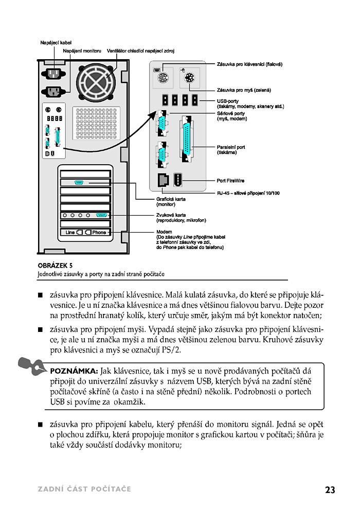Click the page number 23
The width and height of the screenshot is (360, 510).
(x=330, y=489)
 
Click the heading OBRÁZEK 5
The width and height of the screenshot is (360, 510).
(x=55, y=266)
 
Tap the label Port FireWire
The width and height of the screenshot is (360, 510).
(x=230, y=181)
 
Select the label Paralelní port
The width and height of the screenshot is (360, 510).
(x=231, y=147)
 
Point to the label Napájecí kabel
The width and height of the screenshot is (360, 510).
(x=56, y=43)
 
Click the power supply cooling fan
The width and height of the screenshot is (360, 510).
(x=96, y=82)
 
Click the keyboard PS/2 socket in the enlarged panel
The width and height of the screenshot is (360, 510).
(x=163, y=78)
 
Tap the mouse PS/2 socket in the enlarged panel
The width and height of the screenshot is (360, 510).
(x=189, y=78)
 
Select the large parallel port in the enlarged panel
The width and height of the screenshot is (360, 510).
(x=187, y=139)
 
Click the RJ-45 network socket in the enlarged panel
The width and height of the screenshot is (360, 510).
(x=163, y=180)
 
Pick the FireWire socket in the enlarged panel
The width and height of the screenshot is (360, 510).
(x=177, y=180)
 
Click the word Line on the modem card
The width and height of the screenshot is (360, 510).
(x=70, y=232)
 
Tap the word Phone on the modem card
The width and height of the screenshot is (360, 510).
(x=99, y=232)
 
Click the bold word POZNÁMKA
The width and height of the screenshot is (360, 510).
(x=74, y=371)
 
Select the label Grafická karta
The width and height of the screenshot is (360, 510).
(x=171, y=199)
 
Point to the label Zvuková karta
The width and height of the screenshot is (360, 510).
(x=171, y=215)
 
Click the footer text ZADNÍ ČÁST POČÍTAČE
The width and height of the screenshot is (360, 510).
(x=84, y=489)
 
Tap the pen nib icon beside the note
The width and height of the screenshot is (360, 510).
(x=32, y=365)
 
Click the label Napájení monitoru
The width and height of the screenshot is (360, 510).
(x=82, y=51)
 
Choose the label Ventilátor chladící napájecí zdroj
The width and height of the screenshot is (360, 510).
(x=140, y=51)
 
